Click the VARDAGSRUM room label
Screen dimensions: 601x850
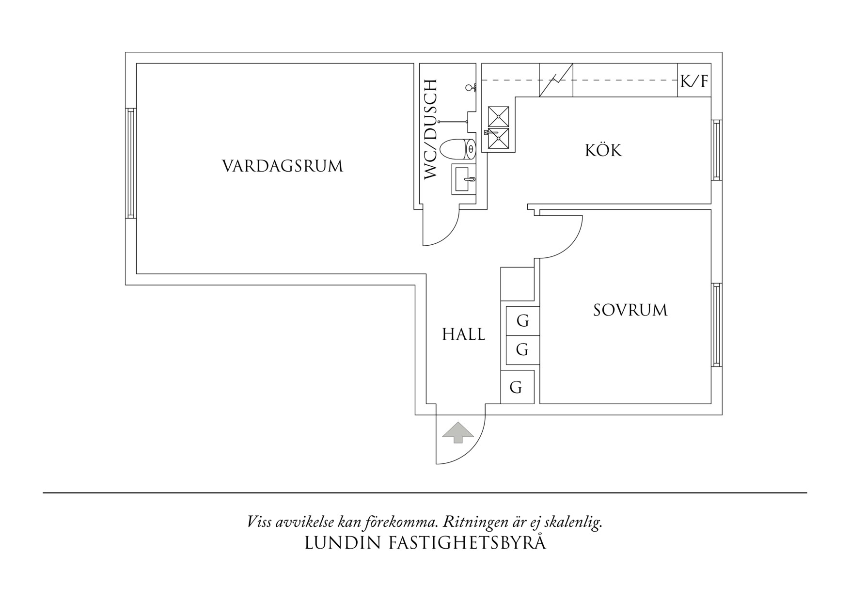(x=283, y=166)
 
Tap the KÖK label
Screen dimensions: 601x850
(x=603, y=150)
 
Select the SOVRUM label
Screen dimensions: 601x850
(x=630, y=310)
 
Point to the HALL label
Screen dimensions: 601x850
(x=463, y=334)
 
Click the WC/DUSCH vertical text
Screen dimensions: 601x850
(x=431, y=130)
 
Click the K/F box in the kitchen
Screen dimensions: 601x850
(x=694, y=80)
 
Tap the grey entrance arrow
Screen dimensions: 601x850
(x=458, y=433)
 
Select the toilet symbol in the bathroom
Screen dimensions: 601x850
(x=458, y=149)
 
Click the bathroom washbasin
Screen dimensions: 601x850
(x=464, y=178)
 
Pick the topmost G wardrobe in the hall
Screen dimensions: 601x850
(x=522, y=321)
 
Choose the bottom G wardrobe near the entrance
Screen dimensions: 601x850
(x=517, y=387)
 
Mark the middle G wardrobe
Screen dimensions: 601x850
(x=522, y=349)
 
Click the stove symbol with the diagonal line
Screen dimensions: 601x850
(x=556, y=80)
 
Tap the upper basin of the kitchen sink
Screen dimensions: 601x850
(x=499, y=116)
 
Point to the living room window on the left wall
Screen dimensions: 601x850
(x=130, y=163)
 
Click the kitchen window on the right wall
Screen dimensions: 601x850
(x=717, y=150)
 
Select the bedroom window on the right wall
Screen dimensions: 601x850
(x=717, y=325)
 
